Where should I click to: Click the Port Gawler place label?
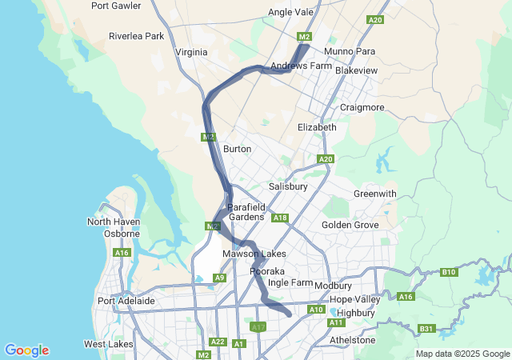pos(116,5)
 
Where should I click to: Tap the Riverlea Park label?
pos(136,36)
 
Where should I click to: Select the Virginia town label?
pos(190,52)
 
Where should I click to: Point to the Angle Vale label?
pos(290,12)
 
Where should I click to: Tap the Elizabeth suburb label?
pos(317,127)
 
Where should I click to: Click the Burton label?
pos(238,149)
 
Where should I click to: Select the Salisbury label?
pos(288,186)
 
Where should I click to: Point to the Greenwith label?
pos(374,194)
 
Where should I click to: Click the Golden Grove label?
pos(350,225)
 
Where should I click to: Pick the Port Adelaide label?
pos(126,301)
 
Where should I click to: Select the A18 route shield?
pos(279,218)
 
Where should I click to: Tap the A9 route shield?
pos(219,278)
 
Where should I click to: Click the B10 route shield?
pos(449,272)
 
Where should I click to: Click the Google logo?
pos(26,350)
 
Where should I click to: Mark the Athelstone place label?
pos(352,340)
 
